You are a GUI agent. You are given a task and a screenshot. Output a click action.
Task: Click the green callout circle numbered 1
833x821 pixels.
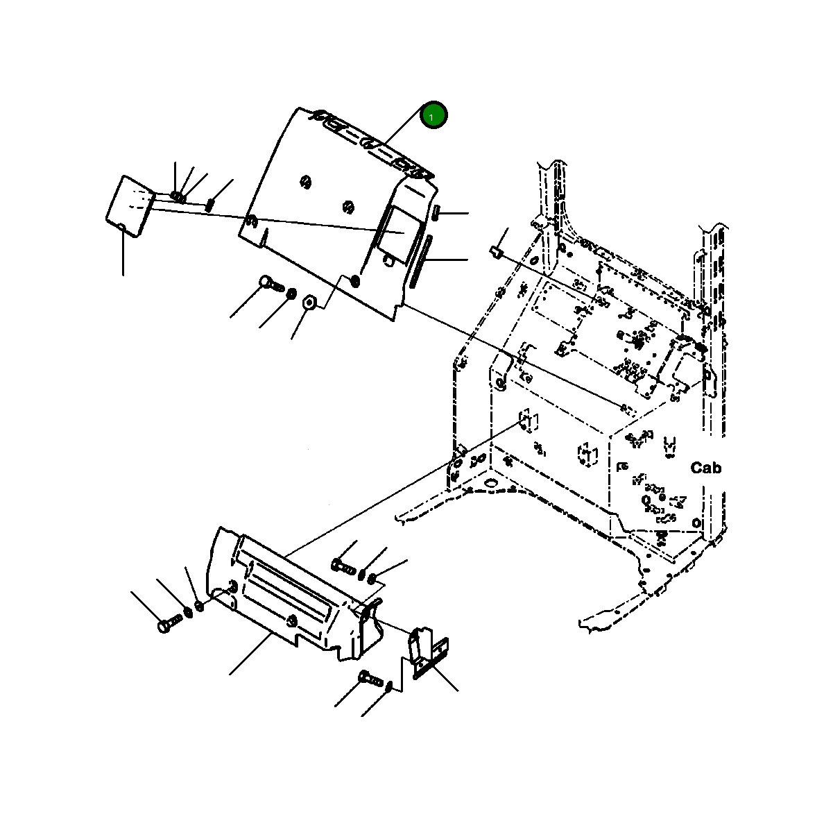pyautogui.click(x=434, y=116)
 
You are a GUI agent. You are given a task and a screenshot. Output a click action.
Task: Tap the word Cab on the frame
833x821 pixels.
pyautogui.click(x=705, y=468)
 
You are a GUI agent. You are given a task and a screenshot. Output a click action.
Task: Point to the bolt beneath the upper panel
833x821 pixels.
pyautogui.click(x=270, y=283)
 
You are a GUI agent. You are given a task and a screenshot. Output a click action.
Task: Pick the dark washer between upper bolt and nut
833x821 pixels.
pyautogui.click(x=291, y=293)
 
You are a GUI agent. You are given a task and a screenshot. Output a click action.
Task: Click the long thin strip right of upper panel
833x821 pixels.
pyautogui.click(x=421, y=261)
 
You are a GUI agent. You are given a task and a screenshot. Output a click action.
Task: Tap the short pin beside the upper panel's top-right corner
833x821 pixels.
pyautogui.click(x=437, y=212)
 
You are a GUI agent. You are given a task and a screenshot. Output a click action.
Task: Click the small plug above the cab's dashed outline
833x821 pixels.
pyautogui.click(x=495, y=250)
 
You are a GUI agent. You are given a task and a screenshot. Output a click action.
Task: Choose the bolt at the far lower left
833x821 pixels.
pyautogui.click(x=168, y=622)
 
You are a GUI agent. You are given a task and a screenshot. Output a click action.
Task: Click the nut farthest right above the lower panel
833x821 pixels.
pyautogui.click(x=372, y=577)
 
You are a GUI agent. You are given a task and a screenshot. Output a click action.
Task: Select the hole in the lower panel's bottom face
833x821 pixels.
pyautogui.click(x=292, y=620)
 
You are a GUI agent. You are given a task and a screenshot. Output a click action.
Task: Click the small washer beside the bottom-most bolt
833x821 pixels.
pyautogui.click(x=390, y=686)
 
